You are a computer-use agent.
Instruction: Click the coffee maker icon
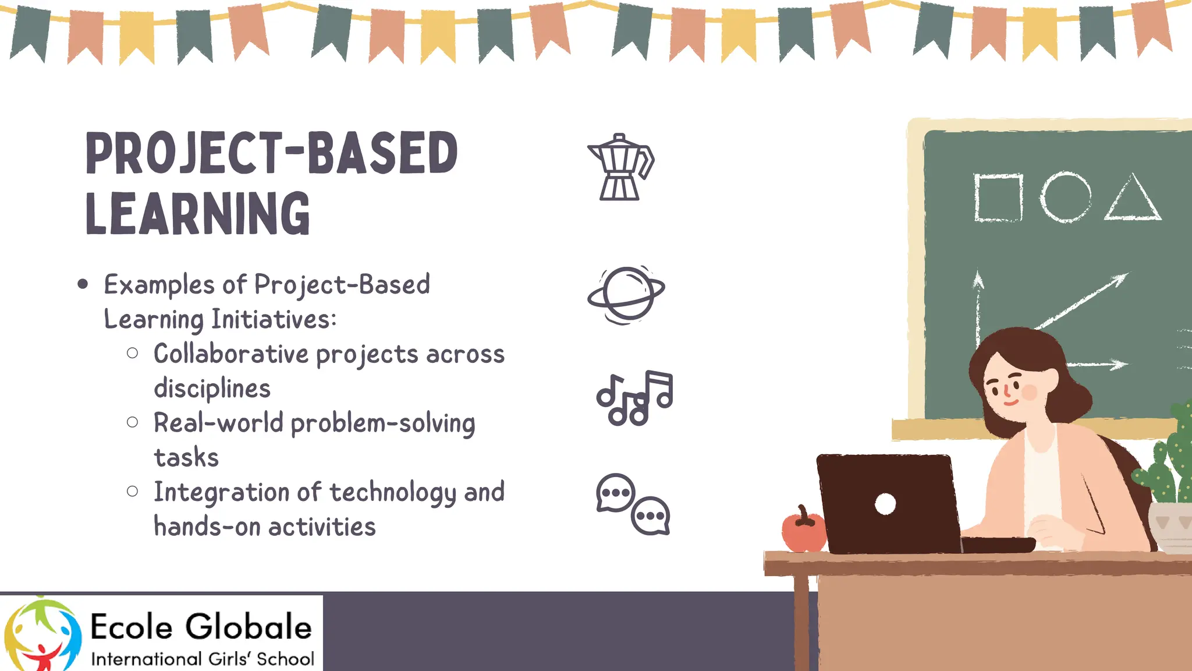(620, 168)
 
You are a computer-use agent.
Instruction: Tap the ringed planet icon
(626, 294)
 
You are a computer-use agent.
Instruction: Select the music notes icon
(634, 398)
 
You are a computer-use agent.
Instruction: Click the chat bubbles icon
(633, 504)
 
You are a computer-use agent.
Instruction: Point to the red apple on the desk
(803, 531)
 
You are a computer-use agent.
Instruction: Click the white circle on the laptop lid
(885, 504)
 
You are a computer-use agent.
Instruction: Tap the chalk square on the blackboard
(998, 198)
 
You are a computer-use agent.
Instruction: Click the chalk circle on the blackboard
(1065, 197)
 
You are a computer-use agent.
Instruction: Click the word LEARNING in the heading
(198, 214)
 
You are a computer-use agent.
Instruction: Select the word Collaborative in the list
(231, 354)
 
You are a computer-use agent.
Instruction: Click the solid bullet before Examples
(83, 284)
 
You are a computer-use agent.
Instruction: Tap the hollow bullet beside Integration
(133, 492)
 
